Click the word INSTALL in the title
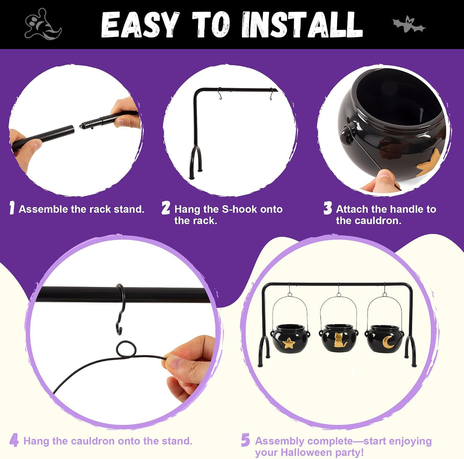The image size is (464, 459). (302, 24)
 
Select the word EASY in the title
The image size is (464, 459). (140, 24)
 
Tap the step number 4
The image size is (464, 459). (14, 440)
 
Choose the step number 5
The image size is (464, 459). (246, 440)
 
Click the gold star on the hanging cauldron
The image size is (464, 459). (289, 343)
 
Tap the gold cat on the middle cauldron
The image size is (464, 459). (339, 340)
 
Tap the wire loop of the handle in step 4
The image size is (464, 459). (126, 349)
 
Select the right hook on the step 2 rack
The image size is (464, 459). (271, 94)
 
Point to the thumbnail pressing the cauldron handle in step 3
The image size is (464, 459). (385, 174)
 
